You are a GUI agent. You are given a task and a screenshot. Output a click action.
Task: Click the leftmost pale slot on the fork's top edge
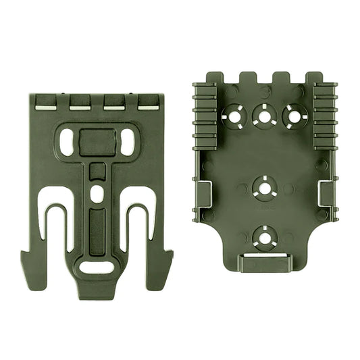(45, 104)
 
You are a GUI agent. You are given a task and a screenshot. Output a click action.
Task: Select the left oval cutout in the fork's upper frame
(68, 141)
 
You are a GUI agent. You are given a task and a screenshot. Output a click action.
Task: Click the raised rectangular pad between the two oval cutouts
(97, 142)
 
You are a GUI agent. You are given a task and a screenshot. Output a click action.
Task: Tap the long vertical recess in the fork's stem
(97, 230)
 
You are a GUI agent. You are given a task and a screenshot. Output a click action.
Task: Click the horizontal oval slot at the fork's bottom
(97, 267)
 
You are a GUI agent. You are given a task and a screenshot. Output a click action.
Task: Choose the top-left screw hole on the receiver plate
(234, 117)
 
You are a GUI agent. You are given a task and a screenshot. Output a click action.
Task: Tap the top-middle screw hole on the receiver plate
(263, 117)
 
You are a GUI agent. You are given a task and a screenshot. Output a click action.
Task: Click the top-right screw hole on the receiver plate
(292, 117)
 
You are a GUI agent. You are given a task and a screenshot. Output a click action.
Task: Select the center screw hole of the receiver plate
(263, 188)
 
